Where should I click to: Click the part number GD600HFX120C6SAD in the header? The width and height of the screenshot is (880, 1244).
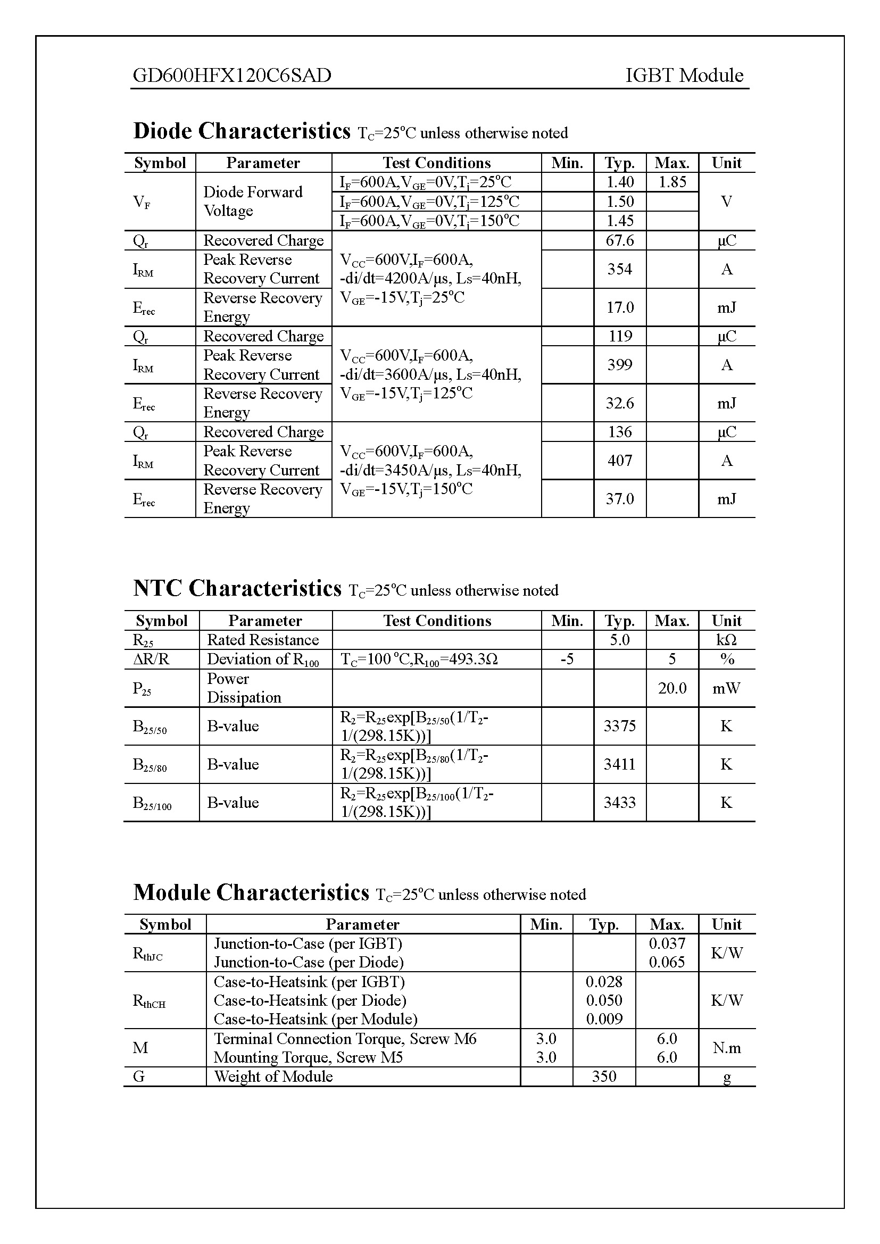[232, 76]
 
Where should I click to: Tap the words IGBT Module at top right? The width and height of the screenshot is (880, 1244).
[684, 76]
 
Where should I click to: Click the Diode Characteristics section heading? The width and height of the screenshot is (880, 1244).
[242, 131]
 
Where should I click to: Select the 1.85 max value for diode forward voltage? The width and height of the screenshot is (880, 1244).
[672, 182]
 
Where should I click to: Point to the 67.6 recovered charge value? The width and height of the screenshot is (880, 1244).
[619, 240]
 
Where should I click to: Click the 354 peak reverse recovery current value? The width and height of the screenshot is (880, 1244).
[619, 269]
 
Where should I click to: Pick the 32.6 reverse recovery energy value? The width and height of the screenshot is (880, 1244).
[619, 403]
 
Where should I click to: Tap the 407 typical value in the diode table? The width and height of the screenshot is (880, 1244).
[619, 461]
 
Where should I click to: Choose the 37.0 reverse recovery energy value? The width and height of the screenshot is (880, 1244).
[619, 498]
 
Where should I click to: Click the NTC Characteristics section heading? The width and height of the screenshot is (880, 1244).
[237, 588]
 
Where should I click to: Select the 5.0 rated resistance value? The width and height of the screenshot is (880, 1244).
[619, 640]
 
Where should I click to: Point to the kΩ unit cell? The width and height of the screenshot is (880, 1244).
[726, 640]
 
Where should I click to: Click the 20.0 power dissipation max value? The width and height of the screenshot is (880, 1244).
[672, 688]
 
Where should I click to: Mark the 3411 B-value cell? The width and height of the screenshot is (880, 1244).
[619, 764]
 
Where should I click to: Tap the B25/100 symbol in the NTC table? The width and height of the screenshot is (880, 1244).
[152, 803]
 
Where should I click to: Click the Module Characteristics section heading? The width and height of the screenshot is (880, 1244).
[251, 892]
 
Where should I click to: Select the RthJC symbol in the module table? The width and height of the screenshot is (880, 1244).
[147, 953]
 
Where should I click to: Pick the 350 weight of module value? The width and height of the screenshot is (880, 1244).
[604, 1076]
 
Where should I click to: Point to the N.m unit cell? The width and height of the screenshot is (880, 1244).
[726, 1048]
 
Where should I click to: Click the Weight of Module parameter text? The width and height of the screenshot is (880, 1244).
[273, 1076]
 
